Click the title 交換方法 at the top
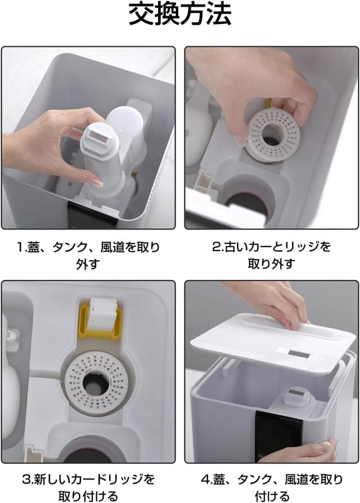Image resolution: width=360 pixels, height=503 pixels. tap(180, 15)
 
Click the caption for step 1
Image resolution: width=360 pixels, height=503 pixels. tap(88, 256)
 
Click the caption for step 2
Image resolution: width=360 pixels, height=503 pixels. tap(271, 256)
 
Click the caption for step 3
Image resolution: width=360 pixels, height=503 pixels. tap(88, 488)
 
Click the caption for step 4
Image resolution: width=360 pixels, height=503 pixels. tap(272, 488)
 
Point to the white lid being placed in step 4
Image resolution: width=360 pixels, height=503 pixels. tap(273, 344)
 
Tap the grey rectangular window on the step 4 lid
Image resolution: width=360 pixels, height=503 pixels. tap(299, 354)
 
